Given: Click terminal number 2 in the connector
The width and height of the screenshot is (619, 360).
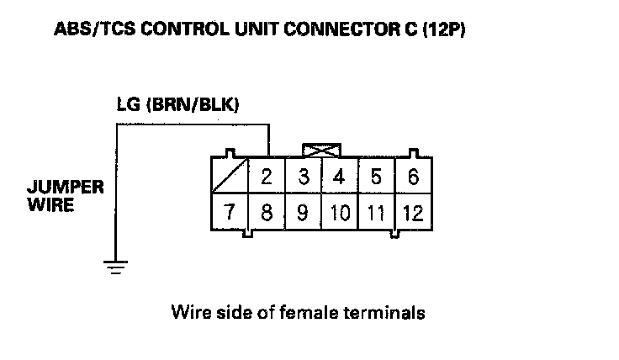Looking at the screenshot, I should click(267, 178).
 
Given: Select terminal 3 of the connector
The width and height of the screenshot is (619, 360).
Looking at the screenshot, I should click(304, 178).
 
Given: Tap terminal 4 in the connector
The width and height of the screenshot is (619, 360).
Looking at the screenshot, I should click(340, 178).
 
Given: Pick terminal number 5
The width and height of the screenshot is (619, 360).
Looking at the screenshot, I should click(376, 178).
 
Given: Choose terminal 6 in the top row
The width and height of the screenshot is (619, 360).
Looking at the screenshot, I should click(412, 178).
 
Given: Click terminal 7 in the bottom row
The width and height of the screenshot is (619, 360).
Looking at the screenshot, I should click(230, 212).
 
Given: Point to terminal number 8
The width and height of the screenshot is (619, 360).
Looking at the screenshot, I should click(267, 212).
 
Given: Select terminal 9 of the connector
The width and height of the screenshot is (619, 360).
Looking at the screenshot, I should click(304, 212).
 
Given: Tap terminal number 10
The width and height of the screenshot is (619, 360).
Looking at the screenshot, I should click(340, 212).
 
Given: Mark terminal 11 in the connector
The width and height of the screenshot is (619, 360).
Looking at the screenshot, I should click(376, 212).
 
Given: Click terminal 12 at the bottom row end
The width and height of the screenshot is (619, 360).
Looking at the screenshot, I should click(412, 212).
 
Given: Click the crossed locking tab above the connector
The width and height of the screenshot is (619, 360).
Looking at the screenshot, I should click(322, 151).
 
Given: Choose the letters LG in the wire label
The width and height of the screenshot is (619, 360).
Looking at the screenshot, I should click(128, 107).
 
